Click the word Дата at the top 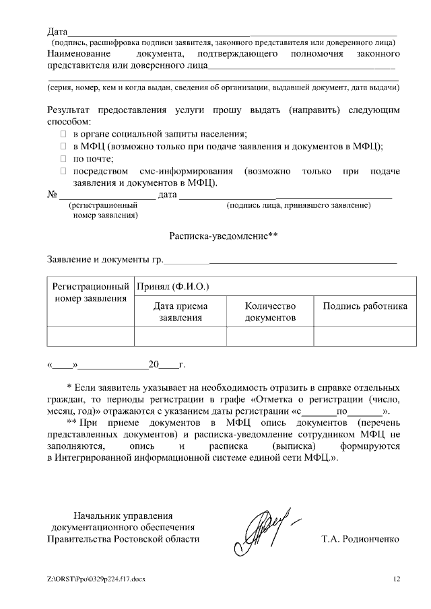(57, 32)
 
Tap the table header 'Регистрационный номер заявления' (91, 293)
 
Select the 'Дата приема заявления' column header (180, 312)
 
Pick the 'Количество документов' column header (270, 312)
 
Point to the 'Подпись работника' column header (364, 306)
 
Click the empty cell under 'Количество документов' (270, 335)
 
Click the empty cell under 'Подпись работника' (364, 335)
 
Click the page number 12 (397, 579)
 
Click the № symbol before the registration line (51, 195)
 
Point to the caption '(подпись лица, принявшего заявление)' (299, 205)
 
